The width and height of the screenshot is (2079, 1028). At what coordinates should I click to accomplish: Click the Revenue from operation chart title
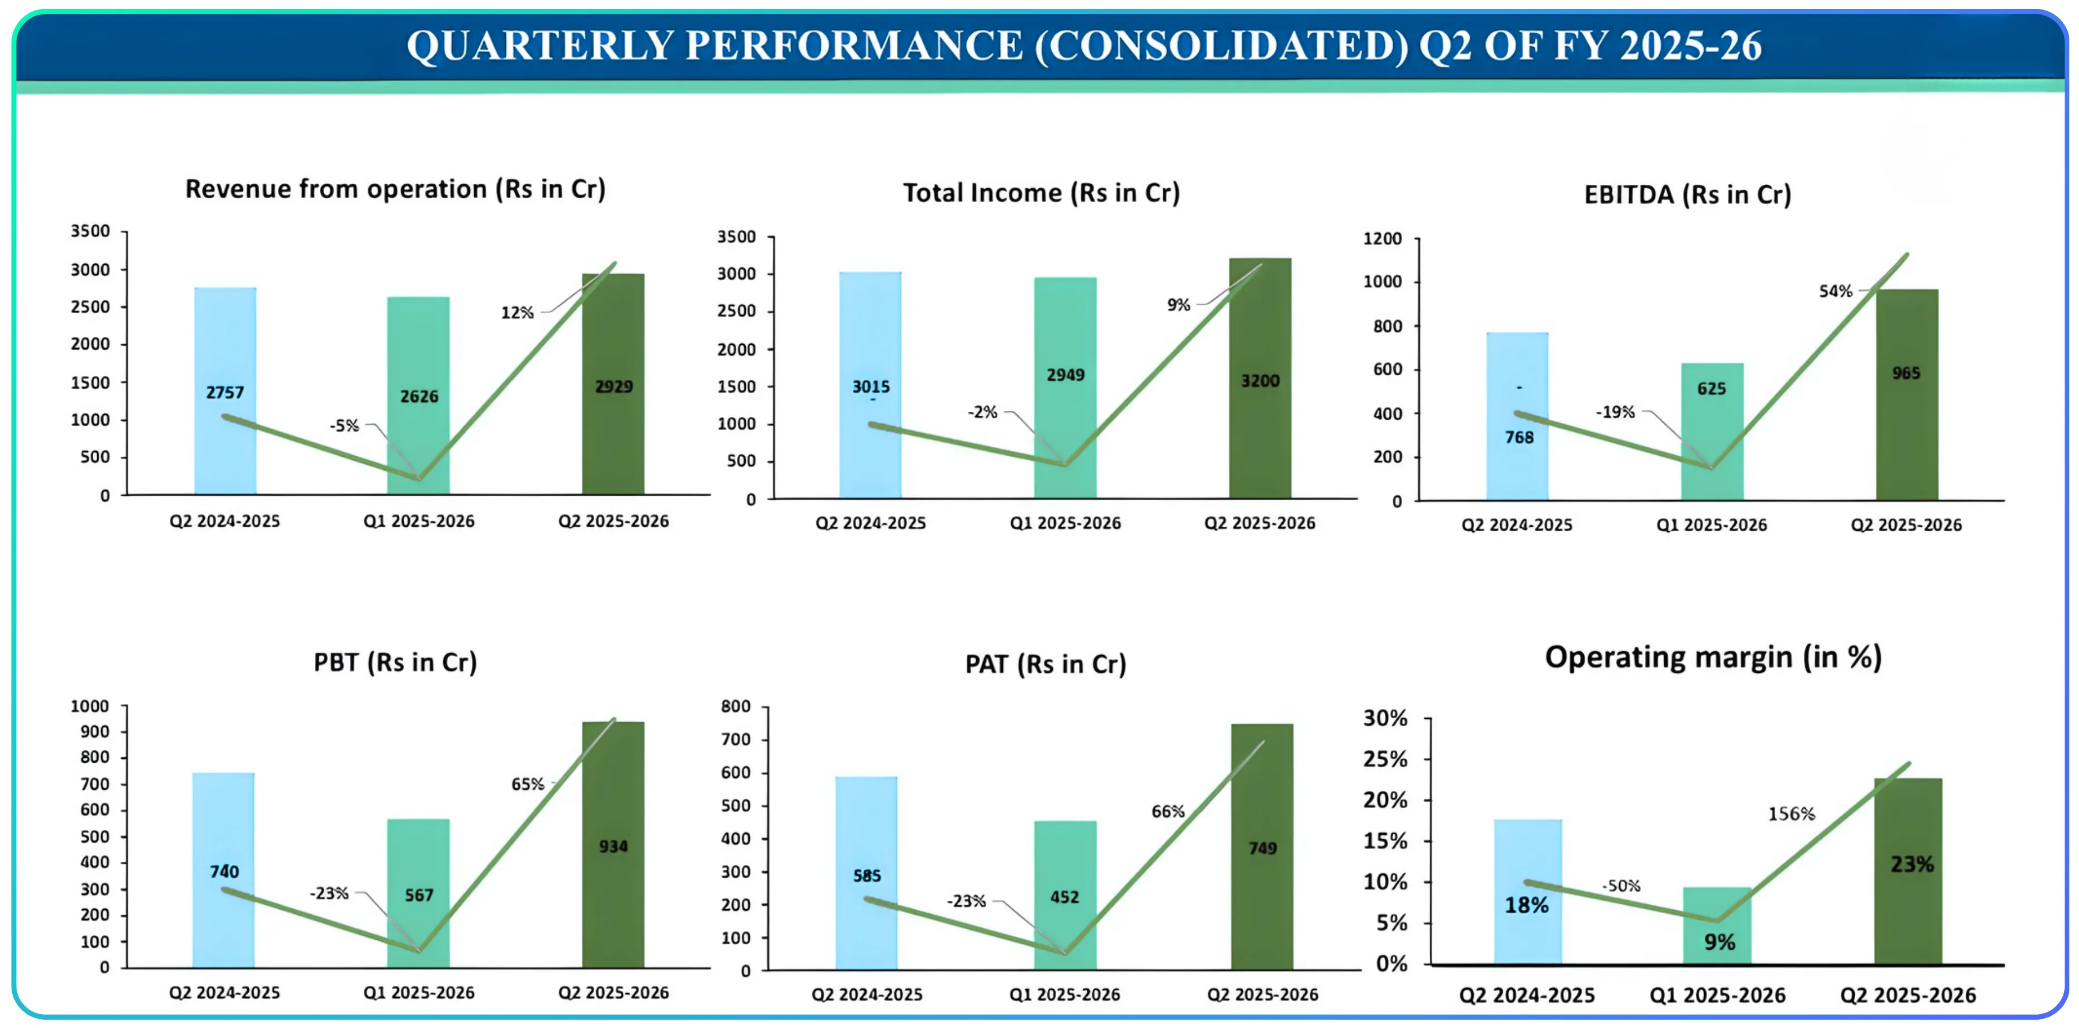[395, 189]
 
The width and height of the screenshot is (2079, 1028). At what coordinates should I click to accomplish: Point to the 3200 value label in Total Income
[1260, 381]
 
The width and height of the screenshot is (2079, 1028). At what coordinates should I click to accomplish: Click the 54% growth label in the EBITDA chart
[1835, 291]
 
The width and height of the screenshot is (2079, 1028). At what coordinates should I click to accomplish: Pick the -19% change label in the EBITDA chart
[1615, 412]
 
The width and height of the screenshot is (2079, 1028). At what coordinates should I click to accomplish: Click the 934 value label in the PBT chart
[614, 846]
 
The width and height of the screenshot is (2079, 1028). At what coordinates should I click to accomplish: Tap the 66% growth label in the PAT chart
[1168, 812]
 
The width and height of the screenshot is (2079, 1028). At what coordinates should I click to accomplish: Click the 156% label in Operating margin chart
[1791, 814]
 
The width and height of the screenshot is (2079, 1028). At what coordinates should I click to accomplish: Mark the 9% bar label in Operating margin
[1719, 941]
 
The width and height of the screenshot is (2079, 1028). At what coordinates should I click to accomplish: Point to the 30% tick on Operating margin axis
[1385, 718]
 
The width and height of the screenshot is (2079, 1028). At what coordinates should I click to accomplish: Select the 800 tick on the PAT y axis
[735, 707]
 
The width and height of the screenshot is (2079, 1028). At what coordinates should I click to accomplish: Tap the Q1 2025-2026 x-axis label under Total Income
[1066, 523]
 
